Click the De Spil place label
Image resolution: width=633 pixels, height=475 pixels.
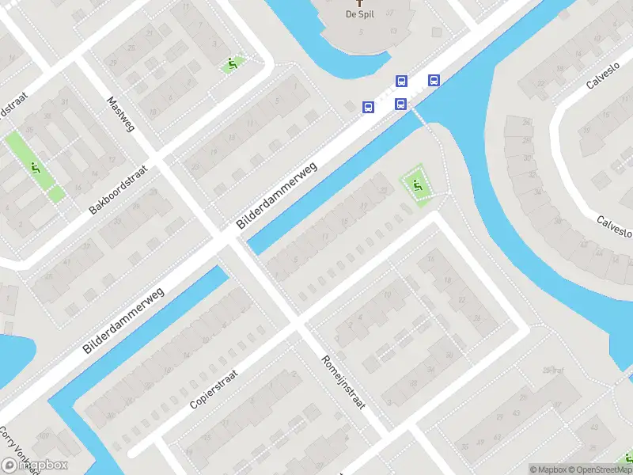[360, 14]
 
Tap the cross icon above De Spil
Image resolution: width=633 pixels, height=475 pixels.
[360, 2]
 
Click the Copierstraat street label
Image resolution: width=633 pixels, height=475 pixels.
[219, 386]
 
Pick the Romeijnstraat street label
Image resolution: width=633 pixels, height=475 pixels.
[342, 381]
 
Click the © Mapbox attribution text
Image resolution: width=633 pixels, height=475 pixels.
[548, 469]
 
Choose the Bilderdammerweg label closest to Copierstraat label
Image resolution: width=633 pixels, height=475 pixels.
[123, 320]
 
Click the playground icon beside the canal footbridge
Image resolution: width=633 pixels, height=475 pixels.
[417, 187]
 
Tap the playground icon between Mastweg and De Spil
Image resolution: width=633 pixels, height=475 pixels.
[232, 63]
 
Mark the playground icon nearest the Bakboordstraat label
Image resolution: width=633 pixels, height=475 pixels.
[35, 168]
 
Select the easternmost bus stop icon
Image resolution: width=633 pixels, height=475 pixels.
[434, 80]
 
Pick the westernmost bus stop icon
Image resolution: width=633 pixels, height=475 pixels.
[368, 107]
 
